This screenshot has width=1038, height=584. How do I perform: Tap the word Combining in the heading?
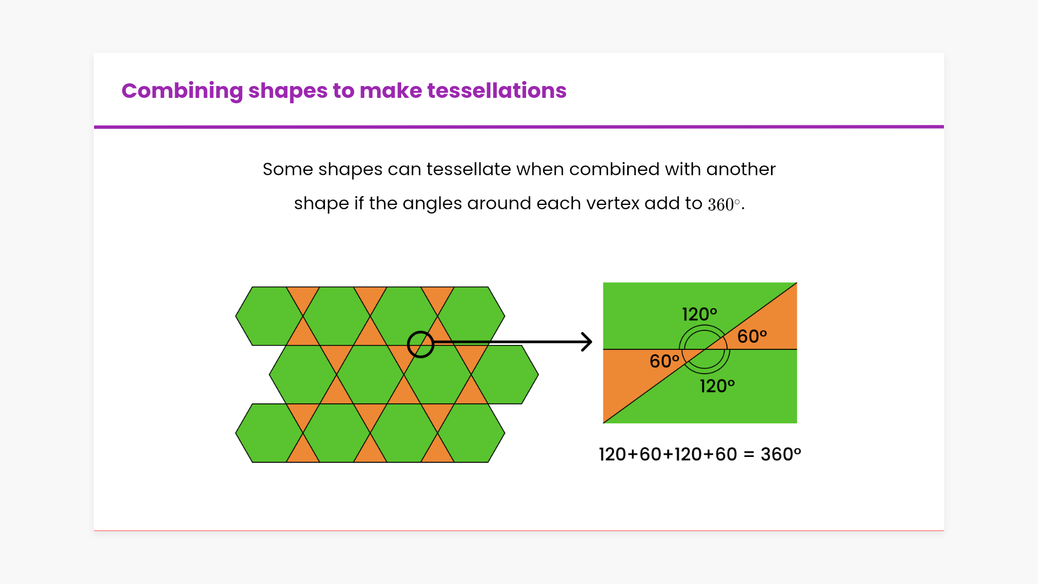pyautogui.click(x=182, y=91)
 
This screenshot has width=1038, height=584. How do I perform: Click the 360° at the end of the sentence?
pyautogui.click(x=724, y=204)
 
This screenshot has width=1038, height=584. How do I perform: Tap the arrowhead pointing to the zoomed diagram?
pyautogui.click(x=587, y=342)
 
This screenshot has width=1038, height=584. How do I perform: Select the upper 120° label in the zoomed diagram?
pyautogui.click(x=700, y=314)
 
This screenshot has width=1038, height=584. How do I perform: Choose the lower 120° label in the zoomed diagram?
pyautogui.click(x=717, y=386)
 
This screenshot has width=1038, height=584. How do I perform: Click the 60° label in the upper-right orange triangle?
pyautogui.click(x=752, y=336)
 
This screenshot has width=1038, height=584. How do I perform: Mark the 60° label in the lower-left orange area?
pyautogui.click(x=664, y=361)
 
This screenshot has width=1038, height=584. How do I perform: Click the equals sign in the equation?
pyautogui.click(x=749, y=455)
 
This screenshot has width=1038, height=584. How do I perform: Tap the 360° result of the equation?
pyautogui.click(x=781, y=454)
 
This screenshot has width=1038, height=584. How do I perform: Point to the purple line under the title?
pyautogui.click(x=519, y=127)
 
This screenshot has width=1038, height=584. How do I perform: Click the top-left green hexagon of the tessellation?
pyautogui.click(x=269, y=316)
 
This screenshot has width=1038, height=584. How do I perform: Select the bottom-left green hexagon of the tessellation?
pyautogui.click(x=269, y=433)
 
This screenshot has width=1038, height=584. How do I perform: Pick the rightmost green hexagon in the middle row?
pyautogui.click(x=505, y=374)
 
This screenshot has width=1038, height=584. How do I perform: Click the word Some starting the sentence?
pyautogui.click(x=288, y=169)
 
